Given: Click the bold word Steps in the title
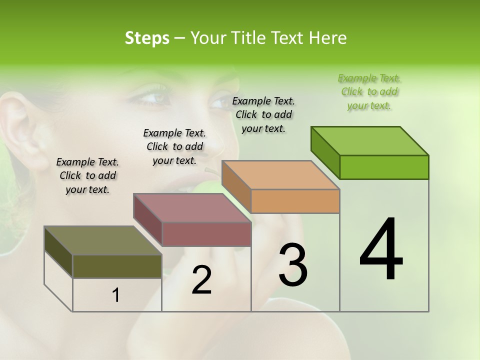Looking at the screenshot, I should (x=147, y=38).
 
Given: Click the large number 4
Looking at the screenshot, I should (x=381, y=250).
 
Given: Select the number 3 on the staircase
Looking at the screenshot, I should (x=293, y=265).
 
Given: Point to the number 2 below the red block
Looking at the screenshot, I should (x=201, y=280).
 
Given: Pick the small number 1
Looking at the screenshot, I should (x=116, y=295).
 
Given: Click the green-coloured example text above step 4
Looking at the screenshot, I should (x=369, y=92).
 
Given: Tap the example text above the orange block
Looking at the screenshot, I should (x=263, y=114).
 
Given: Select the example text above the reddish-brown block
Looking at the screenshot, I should (x=174, y=146).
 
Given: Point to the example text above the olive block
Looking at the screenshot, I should (x=87, y=176).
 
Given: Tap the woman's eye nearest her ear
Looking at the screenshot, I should (x=151, y=97).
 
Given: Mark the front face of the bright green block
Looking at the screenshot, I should (x=384, y=167).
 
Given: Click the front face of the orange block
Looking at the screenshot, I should (x=295, y=201).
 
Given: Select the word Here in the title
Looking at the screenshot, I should (x=329, y=38).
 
